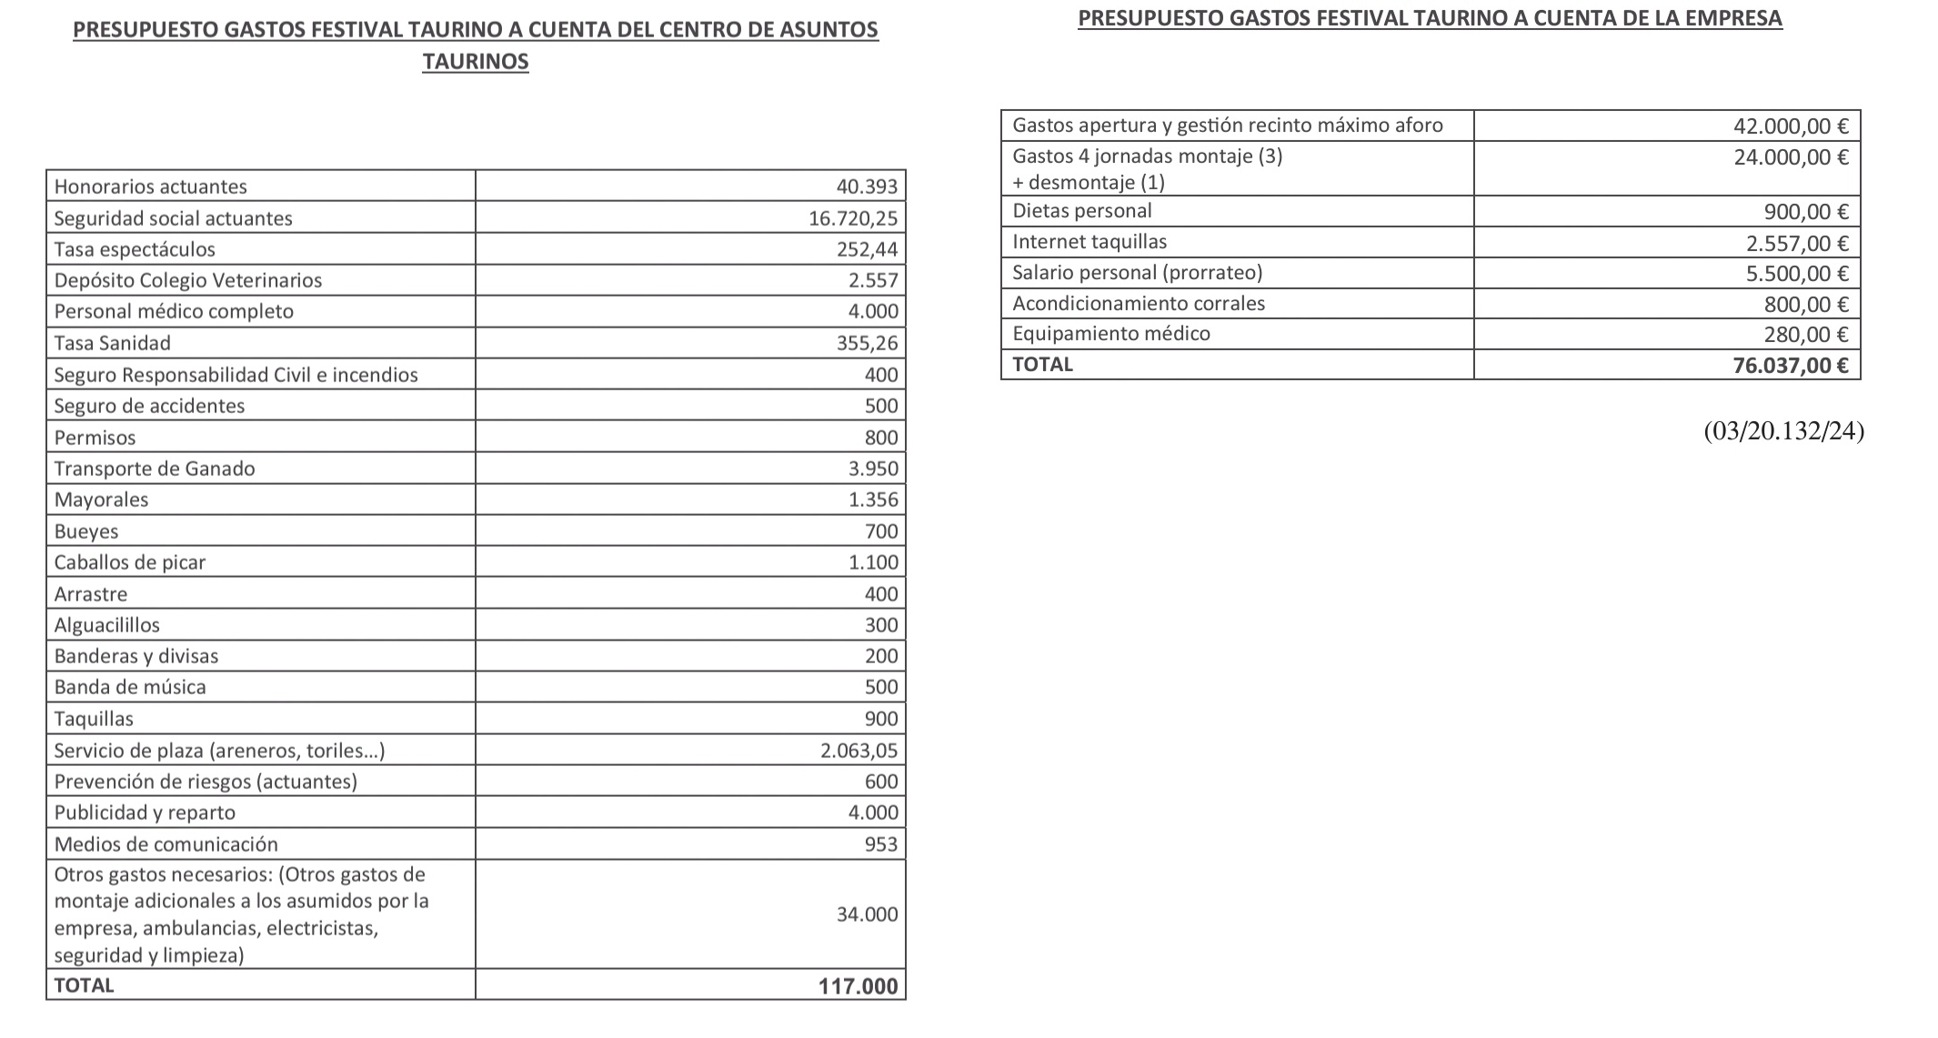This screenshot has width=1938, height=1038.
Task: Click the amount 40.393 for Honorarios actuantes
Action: click(x=867, y=186)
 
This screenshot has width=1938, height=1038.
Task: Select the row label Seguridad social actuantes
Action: click(x=173, y=218)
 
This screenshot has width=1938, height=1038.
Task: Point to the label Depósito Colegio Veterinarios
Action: click(x=187, y=280)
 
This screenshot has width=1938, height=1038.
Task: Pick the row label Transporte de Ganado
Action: click(x=155, y=469)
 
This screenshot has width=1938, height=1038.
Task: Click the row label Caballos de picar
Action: click(x=130, y=562)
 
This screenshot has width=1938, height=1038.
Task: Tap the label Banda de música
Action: click(x=130, y=687)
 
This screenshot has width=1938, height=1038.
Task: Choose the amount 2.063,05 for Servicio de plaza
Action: click(x=859, y=751)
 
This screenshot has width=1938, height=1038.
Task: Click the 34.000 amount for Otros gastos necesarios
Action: click(x=867, y=914)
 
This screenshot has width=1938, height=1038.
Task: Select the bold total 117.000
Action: click(x=858, y=986)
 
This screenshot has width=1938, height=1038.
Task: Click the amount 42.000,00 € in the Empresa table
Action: click(x=1791, y=126)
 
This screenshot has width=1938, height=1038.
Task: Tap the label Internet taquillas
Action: click(x=1089, y=242)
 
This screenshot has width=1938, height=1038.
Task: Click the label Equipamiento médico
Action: click(x=1111, y=334)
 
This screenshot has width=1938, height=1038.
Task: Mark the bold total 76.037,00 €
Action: click(x=1791, y=366)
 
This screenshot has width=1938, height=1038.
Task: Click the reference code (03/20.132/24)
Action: click(x=1783, y=431)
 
